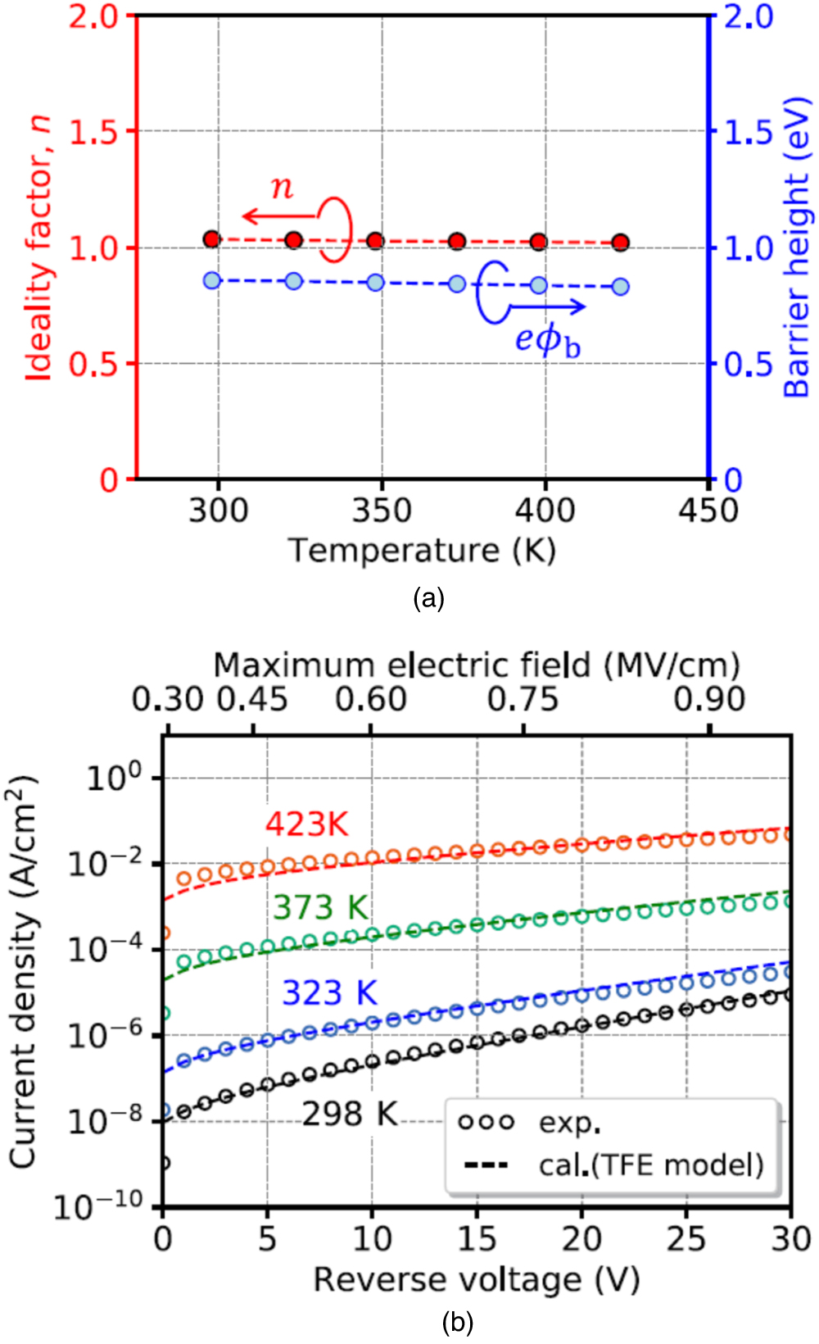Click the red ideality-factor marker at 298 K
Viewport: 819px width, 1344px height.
point(211,239)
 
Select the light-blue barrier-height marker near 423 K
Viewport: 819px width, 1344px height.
point(621,287)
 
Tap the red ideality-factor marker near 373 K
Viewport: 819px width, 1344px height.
point(457,241)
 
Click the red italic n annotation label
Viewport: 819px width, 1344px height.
point(282,188)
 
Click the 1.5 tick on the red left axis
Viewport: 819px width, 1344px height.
point(93,131)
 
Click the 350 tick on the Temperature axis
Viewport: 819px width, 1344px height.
point(382,511)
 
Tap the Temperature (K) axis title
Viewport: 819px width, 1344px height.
point(422,550)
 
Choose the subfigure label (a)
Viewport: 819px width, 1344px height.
point(429,598)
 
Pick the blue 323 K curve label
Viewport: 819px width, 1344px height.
point(329,993)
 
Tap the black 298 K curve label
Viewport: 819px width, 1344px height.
point(350,1115)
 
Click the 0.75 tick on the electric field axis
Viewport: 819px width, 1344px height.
point(523,700)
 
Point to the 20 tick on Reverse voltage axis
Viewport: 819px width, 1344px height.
point(581,1239)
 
